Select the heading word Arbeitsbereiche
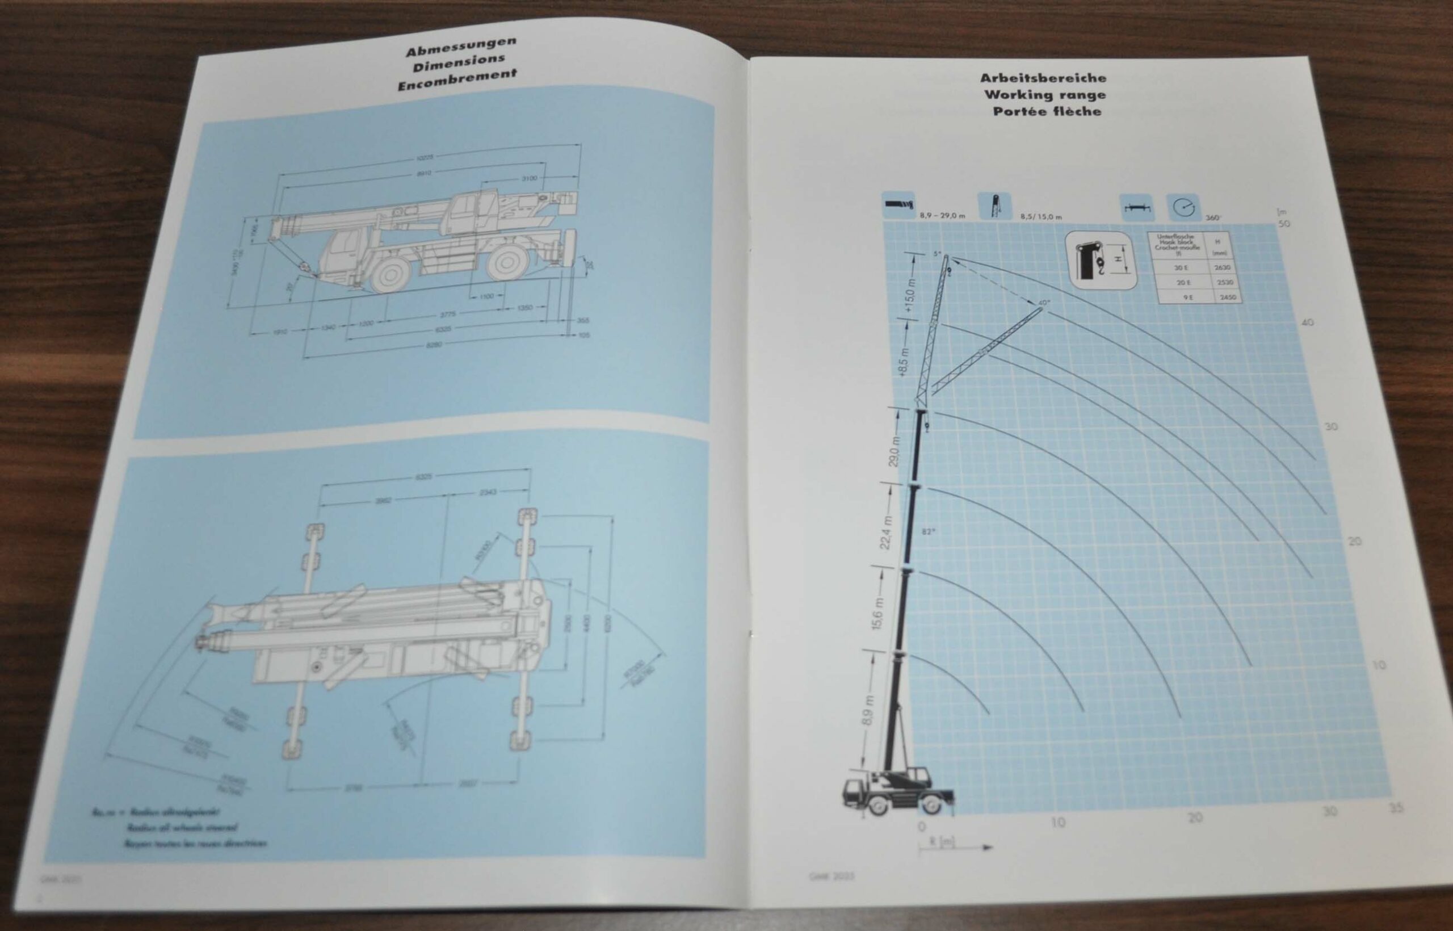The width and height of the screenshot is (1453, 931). point(1043,78)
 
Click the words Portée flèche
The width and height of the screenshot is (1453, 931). point(1047,111)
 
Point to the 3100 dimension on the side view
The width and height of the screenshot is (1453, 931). point(529,178)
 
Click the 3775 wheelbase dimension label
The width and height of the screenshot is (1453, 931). point(448,314)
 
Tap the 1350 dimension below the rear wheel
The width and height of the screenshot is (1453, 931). point(524,308)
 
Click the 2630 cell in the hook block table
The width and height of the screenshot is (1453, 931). point(1222,267)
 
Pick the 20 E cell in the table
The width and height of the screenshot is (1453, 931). point(1183,282)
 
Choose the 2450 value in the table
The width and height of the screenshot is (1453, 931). point(1227,297)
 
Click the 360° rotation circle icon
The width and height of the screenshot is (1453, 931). point(1183,207)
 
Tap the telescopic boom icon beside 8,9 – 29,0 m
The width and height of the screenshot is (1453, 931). point(898,204)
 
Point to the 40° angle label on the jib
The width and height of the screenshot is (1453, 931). point(1044,302)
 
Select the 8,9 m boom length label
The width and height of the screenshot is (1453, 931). point(869,710)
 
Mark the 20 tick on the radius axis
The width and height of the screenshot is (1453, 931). point(1195,818)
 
